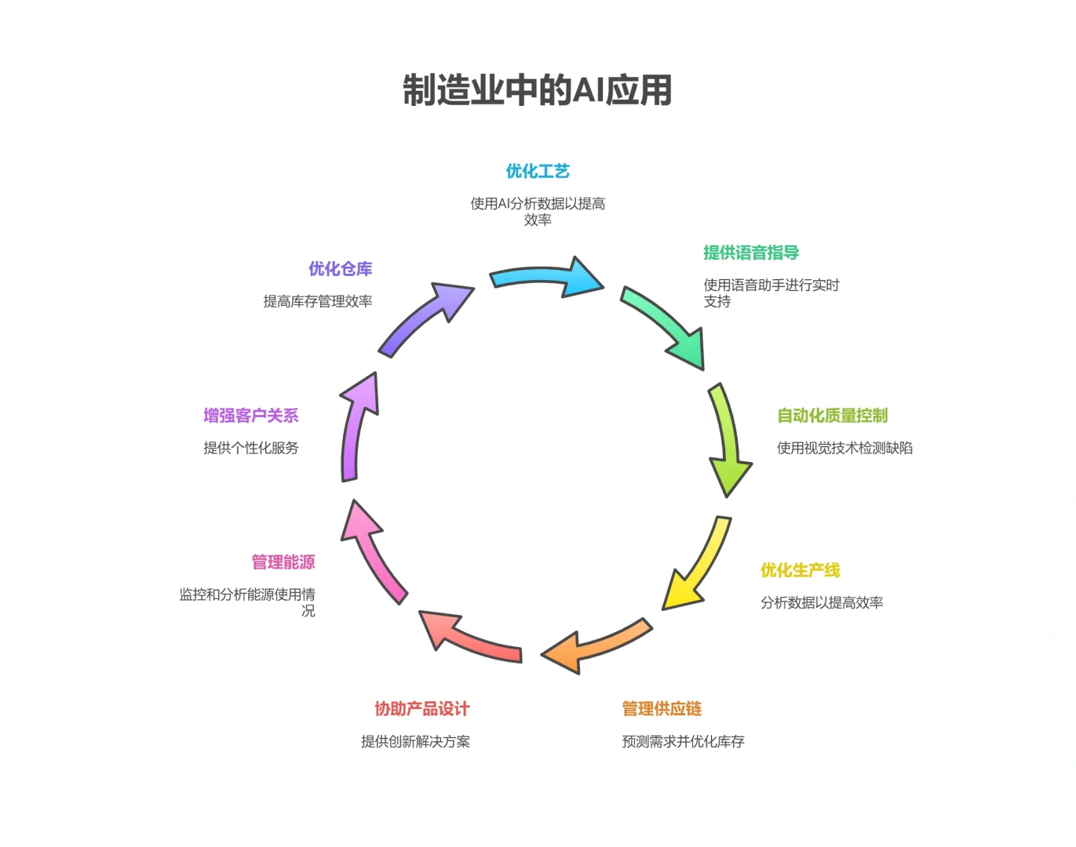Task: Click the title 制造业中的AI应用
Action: [538, 90]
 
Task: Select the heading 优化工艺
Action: [538, 171]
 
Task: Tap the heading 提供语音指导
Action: [751, 253]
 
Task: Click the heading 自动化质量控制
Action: [832, 416]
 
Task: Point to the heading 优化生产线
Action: [800, 570]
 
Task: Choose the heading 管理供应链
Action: [662, 709]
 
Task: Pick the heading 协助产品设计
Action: [421, 709]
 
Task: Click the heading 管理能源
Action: [283, 562]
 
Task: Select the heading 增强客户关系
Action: [251, 416]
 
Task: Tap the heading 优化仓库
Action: [340, 269]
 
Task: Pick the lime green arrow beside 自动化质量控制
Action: [728, 439]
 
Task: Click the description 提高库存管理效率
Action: [318, 301]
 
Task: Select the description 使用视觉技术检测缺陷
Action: [844, 448]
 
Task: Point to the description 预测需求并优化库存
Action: [683, 741]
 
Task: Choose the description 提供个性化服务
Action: [251, 448]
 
